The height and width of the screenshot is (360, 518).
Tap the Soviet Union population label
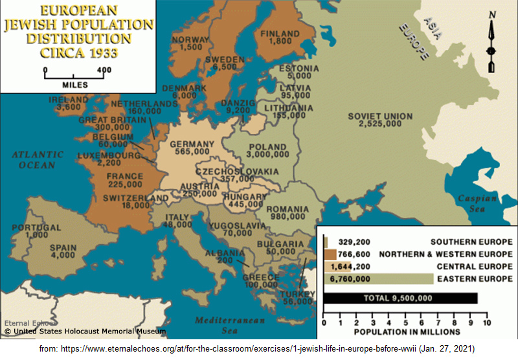pos(379,120)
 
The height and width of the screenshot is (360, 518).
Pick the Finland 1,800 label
pos(280,38)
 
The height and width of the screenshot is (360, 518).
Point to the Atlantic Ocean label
pos(37,160)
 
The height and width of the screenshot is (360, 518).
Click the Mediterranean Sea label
pos(230,325)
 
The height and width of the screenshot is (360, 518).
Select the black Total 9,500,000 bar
pos(401,298)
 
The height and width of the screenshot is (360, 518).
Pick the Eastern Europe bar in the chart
pos(378,278)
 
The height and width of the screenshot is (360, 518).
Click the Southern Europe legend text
pos(471,242)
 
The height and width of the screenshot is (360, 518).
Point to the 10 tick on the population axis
pos(486,322)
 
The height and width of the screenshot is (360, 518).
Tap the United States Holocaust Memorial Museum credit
pos(85,332)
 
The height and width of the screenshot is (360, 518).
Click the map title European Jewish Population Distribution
pos(78,31)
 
